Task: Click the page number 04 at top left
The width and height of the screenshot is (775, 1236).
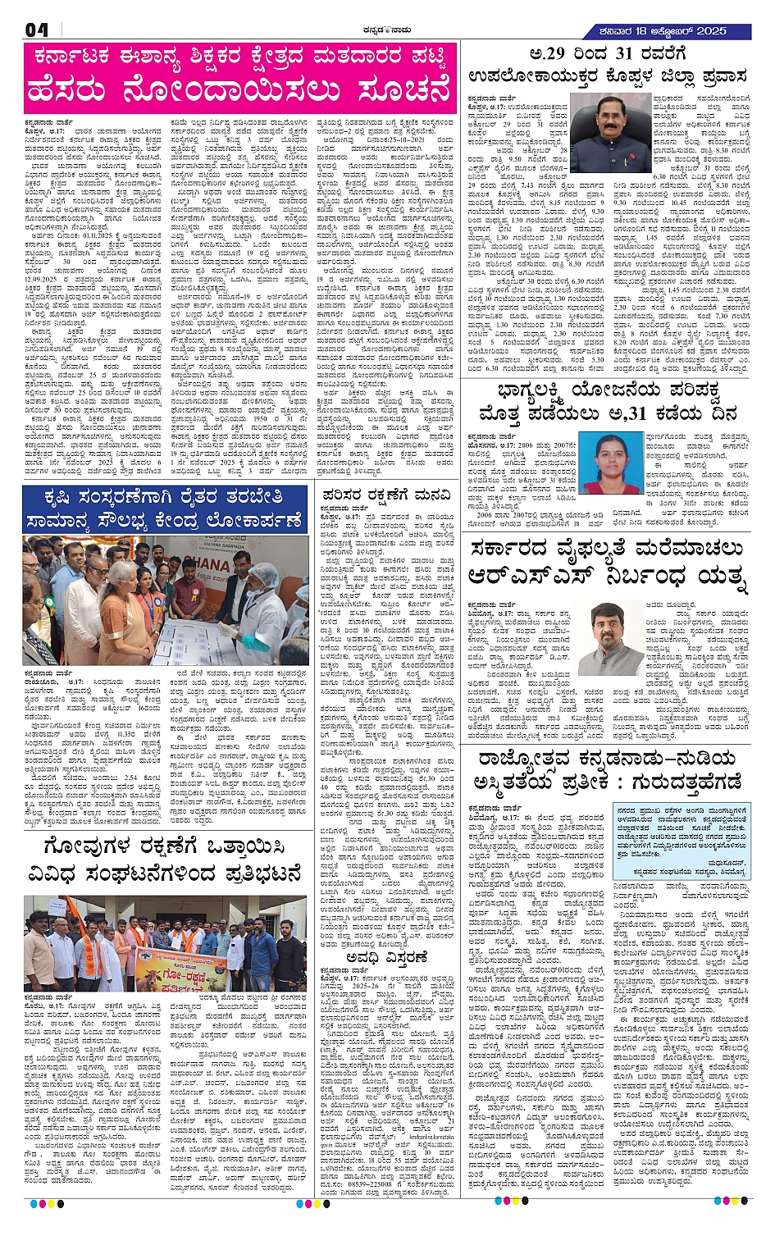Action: point(37,31)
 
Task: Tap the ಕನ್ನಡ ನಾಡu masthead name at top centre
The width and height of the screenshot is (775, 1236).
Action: point(387,31)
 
